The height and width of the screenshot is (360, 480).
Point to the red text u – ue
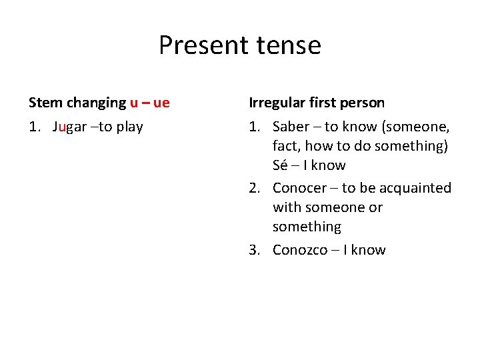pos(150,103)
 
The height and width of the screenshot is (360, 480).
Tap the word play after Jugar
pos(129,127)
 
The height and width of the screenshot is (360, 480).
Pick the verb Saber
pos(291,127)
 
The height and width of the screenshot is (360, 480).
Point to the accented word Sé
pos(280,165)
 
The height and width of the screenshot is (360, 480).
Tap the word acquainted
pos(414,188)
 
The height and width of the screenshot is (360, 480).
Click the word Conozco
pos(300,250)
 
